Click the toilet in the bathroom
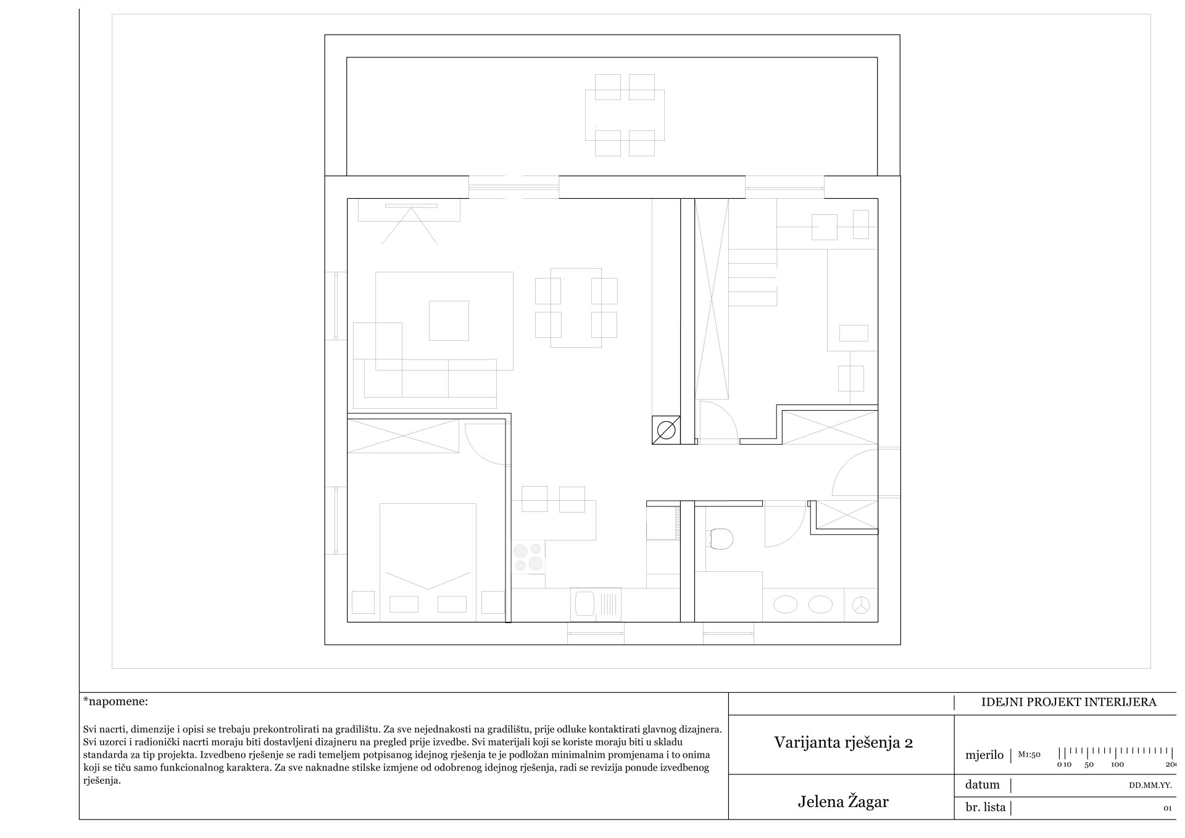(720, 538)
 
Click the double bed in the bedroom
(428, 562)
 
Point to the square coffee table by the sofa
(449, 321)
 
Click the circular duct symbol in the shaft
(667, 430)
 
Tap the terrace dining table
(625, 115)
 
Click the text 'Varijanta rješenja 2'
(843, 742)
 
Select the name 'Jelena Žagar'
(843, 802)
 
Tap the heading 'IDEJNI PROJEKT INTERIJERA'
(1068, 702)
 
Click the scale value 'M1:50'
(1029, 755)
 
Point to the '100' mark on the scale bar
(1117, 765)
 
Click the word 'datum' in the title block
(982, 785)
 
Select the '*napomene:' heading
(115, 702)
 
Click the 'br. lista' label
(985, 807)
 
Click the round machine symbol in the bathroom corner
(860, 605)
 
